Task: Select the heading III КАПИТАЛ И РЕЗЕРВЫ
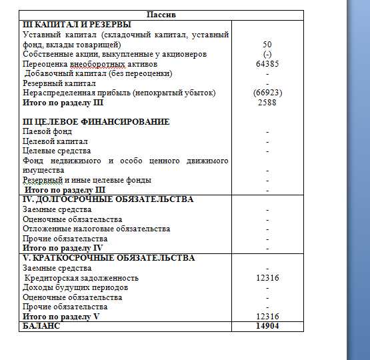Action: [x=77, y=25]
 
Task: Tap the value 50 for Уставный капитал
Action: [x=267, y=45]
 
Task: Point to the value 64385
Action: [x=267, y=64]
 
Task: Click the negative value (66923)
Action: [x=267, y=93]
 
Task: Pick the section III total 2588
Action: [x=267, y=103]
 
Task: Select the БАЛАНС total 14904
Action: [x=267, y=326]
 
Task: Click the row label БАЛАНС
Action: [x=41, y=326]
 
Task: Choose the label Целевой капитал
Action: [x=55, y=142]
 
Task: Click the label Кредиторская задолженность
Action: [x=81, y=278]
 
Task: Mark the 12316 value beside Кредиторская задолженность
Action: [x=267, y=278]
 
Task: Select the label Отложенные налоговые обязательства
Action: [x=96, y=229]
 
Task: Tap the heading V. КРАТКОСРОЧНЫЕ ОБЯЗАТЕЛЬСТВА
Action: [x=109, y=258]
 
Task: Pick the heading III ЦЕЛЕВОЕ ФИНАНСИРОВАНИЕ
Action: [x=96, y=122]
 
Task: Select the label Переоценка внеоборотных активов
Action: [x=90, y=64]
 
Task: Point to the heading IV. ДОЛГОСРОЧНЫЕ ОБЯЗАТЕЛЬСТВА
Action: [x=108, y=199]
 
